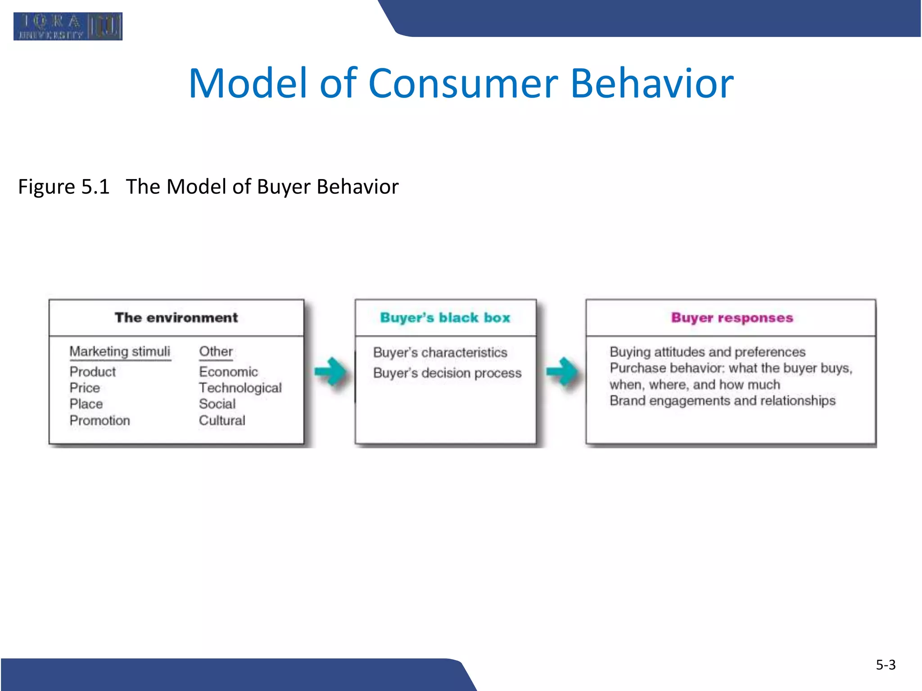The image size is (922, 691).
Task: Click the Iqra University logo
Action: point(68,27)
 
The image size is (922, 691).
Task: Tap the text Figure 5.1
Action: point(64,187)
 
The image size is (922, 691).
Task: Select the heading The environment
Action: point(176,318)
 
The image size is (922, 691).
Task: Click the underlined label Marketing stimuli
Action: point(120,351)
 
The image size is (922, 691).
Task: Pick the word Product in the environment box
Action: point(93,372)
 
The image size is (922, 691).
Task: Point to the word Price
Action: point(85,388)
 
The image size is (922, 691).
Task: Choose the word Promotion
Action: point(99,420)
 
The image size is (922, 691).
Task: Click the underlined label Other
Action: point(216,351)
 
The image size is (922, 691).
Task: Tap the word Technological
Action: point(240,388)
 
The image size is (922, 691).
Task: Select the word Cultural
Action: point(222,420)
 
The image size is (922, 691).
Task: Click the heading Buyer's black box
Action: point(445,318)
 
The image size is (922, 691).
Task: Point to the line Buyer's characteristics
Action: point(440,352)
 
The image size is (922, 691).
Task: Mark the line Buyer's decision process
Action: point(447,373)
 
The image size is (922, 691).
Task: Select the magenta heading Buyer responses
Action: point(732,318)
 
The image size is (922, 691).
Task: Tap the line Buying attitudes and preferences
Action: point(707,352)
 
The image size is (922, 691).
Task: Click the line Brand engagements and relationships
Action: point(722,400)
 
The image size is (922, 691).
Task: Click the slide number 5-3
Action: point(885,664)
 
